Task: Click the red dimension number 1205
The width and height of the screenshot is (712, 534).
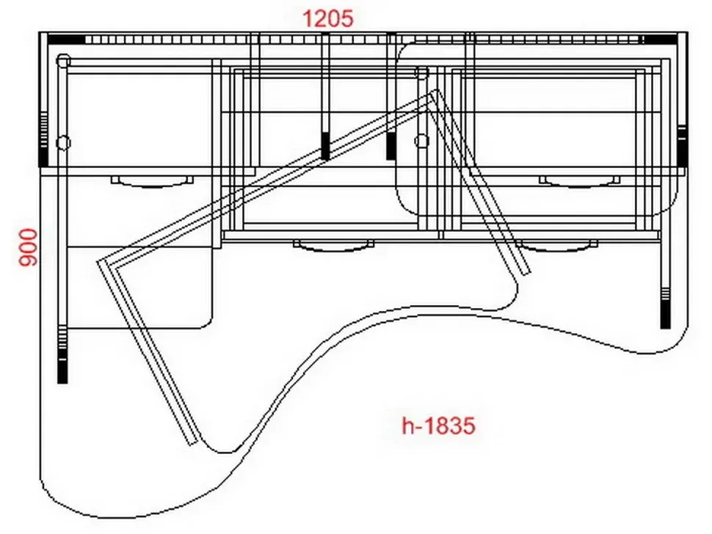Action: [327, 19]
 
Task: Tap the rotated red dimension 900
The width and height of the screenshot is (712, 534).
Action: [28, 247]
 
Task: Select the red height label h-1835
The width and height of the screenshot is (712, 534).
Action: [438, 425]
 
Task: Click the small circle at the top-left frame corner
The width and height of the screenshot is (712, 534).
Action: [64, 60]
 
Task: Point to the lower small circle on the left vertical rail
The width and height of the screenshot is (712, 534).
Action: [63, 142]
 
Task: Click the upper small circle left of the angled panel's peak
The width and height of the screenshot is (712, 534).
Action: [422, 72]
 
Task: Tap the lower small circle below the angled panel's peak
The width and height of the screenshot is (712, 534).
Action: [422, 141]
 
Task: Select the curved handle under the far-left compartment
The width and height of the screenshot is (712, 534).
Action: [152, 181]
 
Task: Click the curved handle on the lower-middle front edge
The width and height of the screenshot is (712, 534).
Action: [334, 246]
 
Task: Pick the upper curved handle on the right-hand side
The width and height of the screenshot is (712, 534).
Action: [579, 181]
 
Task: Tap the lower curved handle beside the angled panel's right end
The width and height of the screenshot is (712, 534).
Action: [557, 246]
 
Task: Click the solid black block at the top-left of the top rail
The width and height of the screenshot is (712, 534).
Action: [66, 40]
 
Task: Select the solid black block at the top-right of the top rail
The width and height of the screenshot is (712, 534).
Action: [660, 40]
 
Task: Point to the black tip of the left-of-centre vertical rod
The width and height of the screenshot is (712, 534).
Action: [325, 146]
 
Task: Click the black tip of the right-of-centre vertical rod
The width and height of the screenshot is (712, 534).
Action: [390, 146]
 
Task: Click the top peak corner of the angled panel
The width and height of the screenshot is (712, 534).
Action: [436, 89]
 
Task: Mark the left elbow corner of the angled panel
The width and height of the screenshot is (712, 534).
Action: [99, 263]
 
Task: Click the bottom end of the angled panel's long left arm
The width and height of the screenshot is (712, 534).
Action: [193, 442]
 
